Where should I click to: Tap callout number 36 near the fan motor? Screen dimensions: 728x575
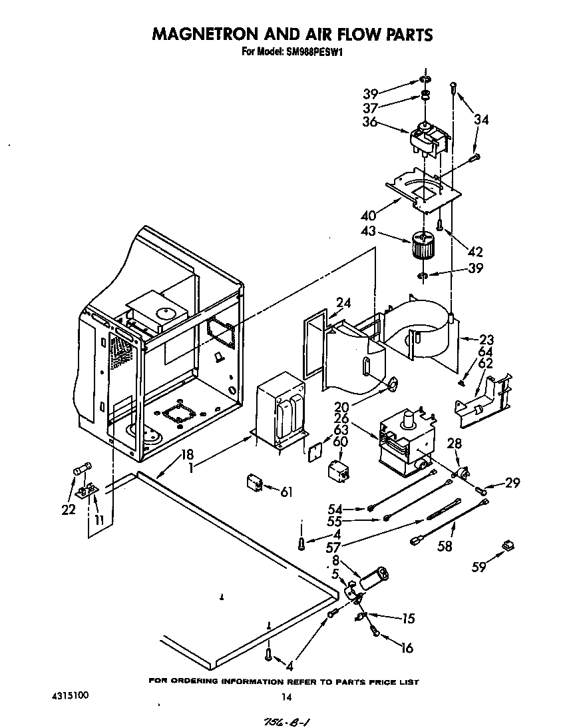370,122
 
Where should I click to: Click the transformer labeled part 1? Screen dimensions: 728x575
281,412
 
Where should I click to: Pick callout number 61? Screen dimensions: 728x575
286,492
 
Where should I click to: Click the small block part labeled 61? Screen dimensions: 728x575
254,482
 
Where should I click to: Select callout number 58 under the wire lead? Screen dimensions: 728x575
445,546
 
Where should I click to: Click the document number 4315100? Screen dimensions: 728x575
69,695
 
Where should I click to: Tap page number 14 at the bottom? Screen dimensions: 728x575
286,697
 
